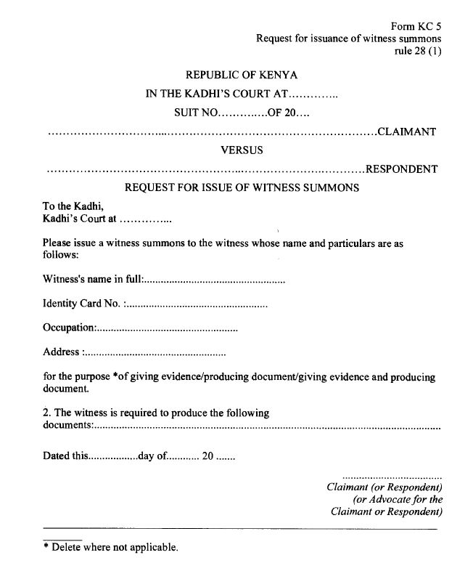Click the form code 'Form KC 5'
click(421, 25)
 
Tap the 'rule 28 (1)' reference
click(416, 51)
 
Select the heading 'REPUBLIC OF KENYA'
click(242, 75)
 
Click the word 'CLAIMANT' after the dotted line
click(407, 132)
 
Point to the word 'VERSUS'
click(242, 150)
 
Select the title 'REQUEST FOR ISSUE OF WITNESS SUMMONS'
click(242, 187)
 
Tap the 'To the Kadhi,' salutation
click(69, 206)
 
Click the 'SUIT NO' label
click(195, 113)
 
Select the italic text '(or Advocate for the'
click(398, 500)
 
